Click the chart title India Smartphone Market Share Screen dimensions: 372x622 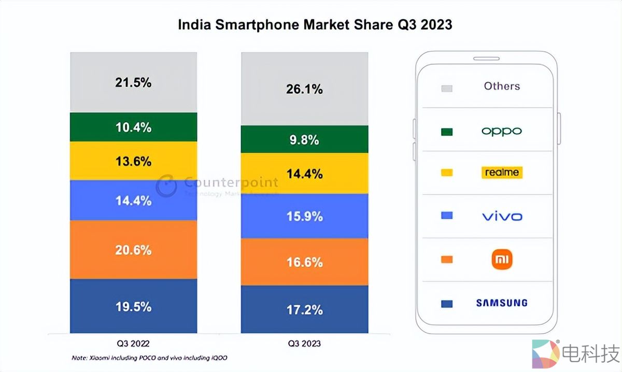point(315,24)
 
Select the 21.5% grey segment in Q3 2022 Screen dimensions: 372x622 point(133,82)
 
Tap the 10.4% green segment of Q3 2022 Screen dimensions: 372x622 point(133,127)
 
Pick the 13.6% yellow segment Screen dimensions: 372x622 point(133,161)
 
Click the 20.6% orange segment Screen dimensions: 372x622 point(133,250)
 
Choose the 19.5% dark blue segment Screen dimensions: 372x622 point(133,306)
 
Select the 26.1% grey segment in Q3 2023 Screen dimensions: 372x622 point(304,89)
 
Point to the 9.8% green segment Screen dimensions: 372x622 point(304,139)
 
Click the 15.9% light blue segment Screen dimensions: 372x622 point(304,216)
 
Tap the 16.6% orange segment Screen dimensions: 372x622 point(304,262)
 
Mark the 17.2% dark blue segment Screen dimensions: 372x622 point(304,309)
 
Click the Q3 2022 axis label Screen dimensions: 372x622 point(133,343)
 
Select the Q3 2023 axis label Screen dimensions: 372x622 point(304,343)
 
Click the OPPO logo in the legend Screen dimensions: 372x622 point(501,131)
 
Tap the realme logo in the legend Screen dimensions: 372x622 point(501,173)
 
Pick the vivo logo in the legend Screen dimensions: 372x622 point(502,216)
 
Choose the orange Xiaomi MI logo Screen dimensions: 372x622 point(502,259)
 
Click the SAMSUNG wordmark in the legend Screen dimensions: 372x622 point(501,303)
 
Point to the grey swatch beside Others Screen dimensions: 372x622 point(446,88)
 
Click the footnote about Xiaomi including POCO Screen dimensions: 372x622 point(149,358)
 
